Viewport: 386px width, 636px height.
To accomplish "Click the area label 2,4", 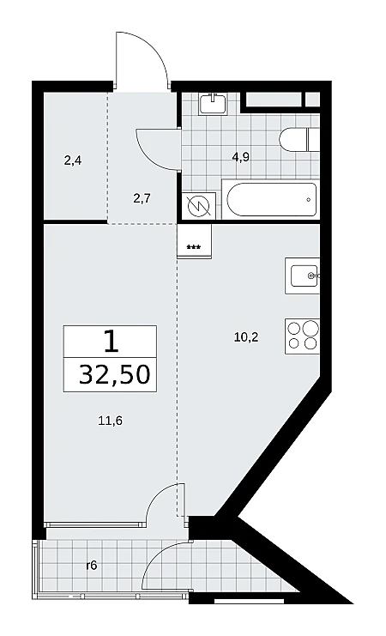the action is tap(73, 161).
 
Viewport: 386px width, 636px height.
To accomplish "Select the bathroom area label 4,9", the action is tap(240, 158).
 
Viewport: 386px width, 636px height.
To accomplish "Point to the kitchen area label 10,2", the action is tap(246, 336).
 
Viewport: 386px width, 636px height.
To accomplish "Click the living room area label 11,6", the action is tap(111, 421).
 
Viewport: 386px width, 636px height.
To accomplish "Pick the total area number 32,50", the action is tap(115, 375).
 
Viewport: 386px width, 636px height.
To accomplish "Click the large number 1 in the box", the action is tap(111, 341).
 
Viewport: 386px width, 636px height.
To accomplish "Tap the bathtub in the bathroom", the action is tap(271, 201).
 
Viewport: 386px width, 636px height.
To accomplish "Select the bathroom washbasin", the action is tap(213, 103).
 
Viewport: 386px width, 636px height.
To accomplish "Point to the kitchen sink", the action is tap(303, 276).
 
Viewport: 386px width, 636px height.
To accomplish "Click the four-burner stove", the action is tap(303, 336).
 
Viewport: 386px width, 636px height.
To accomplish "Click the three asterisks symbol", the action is tap(193, 247).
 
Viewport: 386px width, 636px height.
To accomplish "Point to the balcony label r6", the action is tap(92, 566).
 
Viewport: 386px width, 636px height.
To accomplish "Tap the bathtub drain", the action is tap(309, 200).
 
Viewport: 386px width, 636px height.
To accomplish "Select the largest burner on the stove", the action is tap(311, 327).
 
